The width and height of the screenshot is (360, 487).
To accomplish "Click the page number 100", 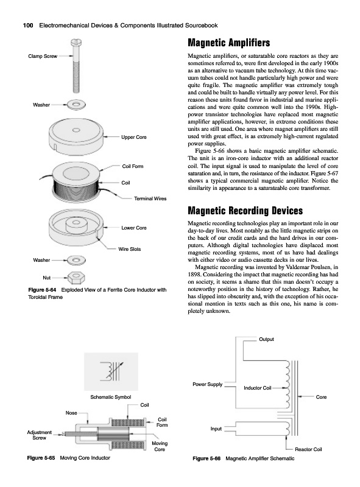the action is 28,26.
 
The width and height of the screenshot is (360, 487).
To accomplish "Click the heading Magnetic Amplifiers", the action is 229,43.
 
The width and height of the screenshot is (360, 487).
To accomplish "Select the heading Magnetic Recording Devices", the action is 245,211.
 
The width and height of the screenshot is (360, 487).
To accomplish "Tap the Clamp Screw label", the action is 43,56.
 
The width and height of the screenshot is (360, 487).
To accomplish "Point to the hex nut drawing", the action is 77,278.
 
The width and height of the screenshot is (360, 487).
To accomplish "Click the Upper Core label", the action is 133,137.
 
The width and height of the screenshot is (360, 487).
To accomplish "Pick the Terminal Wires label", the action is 150,198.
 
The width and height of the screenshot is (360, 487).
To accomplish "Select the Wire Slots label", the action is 129,249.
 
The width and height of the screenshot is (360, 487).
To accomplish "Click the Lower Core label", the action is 133,228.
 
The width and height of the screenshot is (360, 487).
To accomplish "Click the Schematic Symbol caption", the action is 111,397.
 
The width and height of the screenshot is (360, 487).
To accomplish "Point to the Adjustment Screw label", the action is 39,435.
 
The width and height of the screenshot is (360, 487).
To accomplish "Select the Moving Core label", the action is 160,446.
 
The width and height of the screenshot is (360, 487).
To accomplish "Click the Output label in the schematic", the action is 266,339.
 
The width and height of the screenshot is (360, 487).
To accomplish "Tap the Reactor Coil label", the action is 308,449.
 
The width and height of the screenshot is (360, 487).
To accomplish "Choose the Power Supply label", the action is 208,384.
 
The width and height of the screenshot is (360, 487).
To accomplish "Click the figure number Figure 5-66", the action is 206,458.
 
